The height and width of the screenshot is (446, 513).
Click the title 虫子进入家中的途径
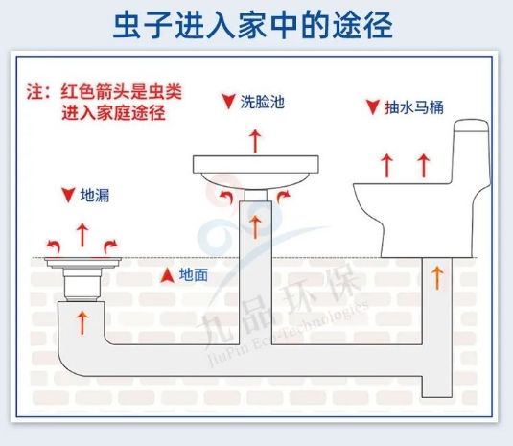[x=252, y=26]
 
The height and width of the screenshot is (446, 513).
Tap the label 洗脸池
[x=263, y=102]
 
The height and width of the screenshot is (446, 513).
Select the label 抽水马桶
[x=414, y=107]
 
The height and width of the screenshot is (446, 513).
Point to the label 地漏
[x=95, y=196]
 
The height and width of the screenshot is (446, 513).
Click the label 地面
[x=194, y=275]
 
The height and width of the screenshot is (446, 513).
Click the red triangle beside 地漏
[x=68, y=195]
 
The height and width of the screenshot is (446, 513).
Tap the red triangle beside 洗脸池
[x=228, y=102]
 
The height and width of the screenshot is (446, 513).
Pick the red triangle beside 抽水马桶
[x=372, y=107]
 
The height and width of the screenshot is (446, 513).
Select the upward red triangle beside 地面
[x=167, y=275]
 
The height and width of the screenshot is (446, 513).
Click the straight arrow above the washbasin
[x=255, y=141]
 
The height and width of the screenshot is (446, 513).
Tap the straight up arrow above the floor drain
[x=82, y=235]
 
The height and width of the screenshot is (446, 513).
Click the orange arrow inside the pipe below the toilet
[x=437, y=278]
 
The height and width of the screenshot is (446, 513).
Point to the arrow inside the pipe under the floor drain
[x=82, y=322]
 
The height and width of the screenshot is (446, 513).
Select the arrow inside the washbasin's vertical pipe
[x=255, y=227]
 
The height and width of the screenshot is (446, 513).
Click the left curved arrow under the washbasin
[x=225, y=197]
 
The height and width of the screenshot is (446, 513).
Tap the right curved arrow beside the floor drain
[x=110, y=247]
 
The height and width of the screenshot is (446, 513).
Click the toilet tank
[x=472, y=152]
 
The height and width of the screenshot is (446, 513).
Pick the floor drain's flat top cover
[x=82, y=262]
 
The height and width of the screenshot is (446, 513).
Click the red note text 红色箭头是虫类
[x=121, y=92]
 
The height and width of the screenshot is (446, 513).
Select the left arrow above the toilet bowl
[x=386, y=166]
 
